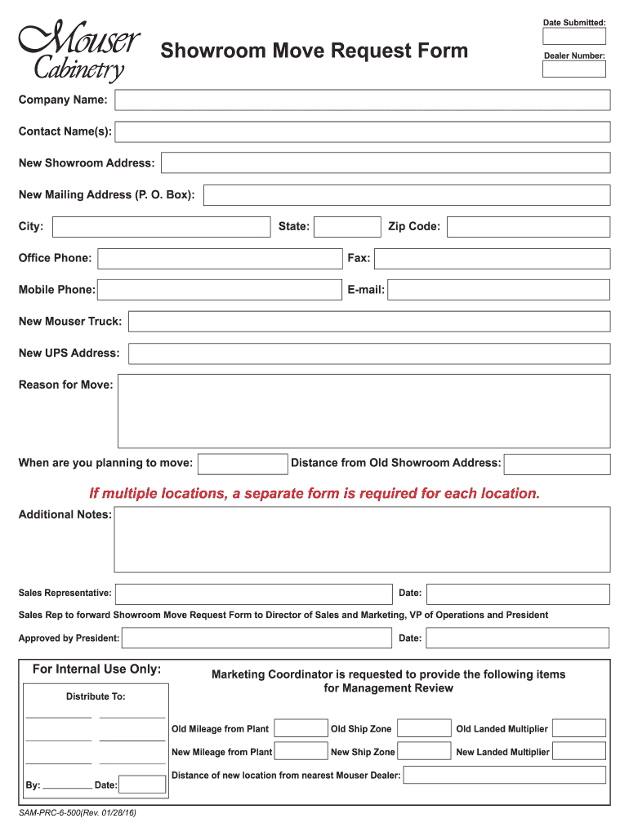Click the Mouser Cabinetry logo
point(78,51)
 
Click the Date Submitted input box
point(574,36)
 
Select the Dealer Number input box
point(574,69)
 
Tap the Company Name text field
point(362,100)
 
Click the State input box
point(347,227)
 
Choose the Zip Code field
point(528,227)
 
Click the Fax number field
point(492,259)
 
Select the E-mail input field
point(498,290)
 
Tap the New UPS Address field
point(368,354)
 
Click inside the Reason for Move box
point(364,411)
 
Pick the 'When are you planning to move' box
point(243,464)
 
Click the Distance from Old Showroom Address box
point(556,464)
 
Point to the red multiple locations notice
point(314,494)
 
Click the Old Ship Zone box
point(424,728)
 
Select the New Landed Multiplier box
point(579,751)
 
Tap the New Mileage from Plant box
point(301,751)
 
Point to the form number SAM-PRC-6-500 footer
point(78,814)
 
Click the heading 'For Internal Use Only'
point(96,669)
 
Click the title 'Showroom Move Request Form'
point(314,51)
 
